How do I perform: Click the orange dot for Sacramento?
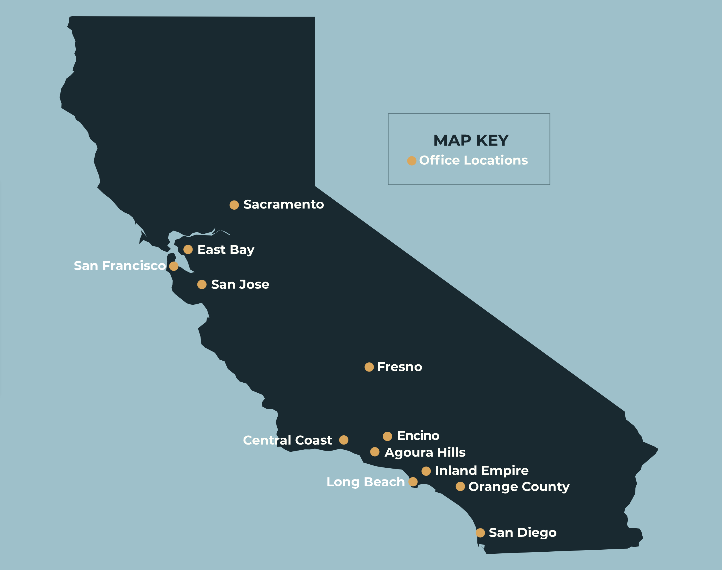[234, 205]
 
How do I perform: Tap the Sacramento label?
[283, 204]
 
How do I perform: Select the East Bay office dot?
[188, 249]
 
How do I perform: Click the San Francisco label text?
[119, 266]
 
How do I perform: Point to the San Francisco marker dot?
[174, 266]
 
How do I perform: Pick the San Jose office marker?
[202, 284]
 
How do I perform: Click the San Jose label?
[240, 284]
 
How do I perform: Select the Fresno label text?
[400, 367]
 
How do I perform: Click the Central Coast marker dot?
[344, 440]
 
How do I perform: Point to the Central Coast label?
[287, 440]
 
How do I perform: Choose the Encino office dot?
[387, 436]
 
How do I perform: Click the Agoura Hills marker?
[374, 452]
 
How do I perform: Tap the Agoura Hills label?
[425, 452]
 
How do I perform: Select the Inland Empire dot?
[426, 471]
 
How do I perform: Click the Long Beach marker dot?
[413, 481]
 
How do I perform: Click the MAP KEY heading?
[471, 141]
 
